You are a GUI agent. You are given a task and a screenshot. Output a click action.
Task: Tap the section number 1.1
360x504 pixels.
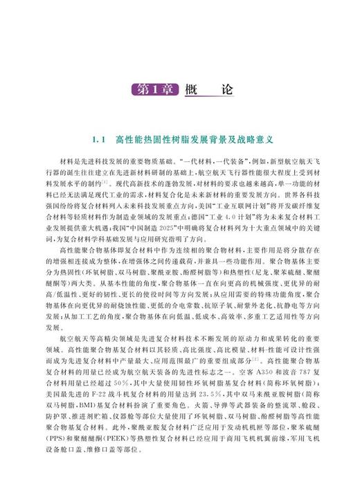point(97,139)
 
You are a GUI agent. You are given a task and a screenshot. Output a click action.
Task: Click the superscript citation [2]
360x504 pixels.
point(256,359)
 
